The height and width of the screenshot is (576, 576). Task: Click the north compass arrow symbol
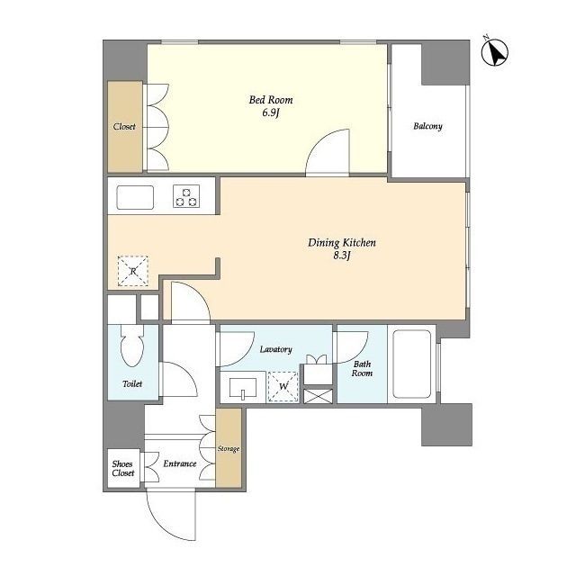click(x=495, y=52)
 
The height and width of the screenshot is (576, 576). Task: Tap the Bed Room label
click(x=271, y=100)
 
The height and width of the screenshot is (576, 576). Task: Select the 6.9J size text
click(x=271, y=112)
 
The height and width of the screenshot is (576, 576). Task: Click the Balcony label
click(x=427, y=126)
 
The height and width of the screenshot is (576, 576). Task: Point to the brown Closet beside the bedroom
click(x=124, y=127)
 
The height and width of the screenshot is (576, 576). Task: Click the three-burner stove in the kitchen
click(x=186, y=196)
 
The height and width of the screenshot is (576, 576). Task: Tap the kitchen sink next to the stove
click(x=135, y=198)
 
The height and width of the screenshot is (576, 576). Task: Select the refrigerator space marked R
click(x=133, y=271)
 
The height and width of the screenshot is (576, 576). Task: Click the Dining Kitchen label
click(x=342, y=243)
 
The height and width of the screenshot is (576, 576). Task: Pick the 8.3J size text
click(x=342, y=256)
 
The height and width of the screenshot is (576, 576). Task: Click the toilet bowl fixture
click(x=132, y=346)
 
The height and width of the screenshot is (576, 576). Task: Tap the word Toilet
click(x=132, y=384)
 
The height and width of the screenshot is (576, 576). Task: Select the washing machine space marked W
click(x=283, y=386)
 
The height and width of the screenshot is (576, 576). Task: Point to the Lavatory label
click(x=276, y=349)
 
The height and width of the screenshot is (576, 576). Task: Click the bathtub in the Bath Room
click(x=412, y=364)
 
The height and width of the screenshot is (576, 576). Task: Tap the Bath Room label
click(x=362, y=369)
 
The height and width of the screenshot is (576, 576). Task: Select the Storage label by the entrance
click(x=229, y=448)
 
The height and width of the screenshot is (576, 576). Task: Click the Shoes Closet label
click(x=123, y=468)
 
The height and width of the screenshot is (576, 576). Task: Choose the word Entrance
click(x=180, y=463)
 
